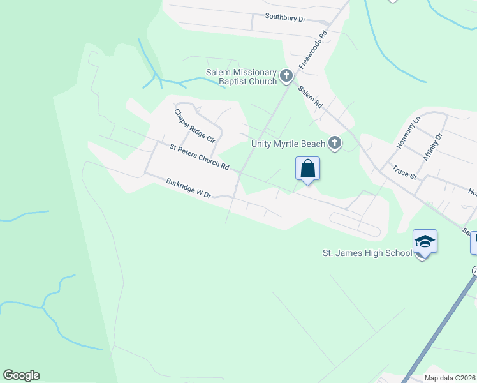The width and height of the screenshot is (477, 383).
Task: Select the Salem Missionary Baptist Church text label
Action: pyautogui.click(x=241, y=77)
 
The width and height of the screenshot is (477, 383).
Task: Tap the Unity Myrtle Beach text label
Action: pyautogui.click(x=288, y=144)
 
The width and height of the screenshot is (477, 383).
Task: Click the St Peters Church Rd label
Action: pyautogui.click(x=199, y=156)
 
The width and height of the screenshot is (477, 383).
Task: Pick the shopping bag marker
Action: pyautogui.click(x=307, y=169)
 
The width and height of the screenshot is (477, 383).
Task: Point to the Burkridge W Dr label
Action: pyautogui.click(x=188, y=189)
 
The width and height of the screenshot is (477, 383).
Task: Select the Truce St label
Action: pyautogui.click(x=404, y=172)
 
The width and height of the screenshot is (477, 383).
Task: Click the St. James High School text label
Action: pyautogui.click(x=367, y=253)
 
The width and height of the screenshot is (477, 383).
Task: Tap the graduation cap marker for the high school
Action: pyautogui.click(x=425, y=242)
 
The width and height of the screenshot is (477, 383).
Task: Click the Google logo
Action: pyautogui.click(x=21, y=375)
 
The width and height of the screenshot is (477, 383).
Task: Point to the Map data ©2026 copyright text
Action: pyautogui.click(x=450, y=377)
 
